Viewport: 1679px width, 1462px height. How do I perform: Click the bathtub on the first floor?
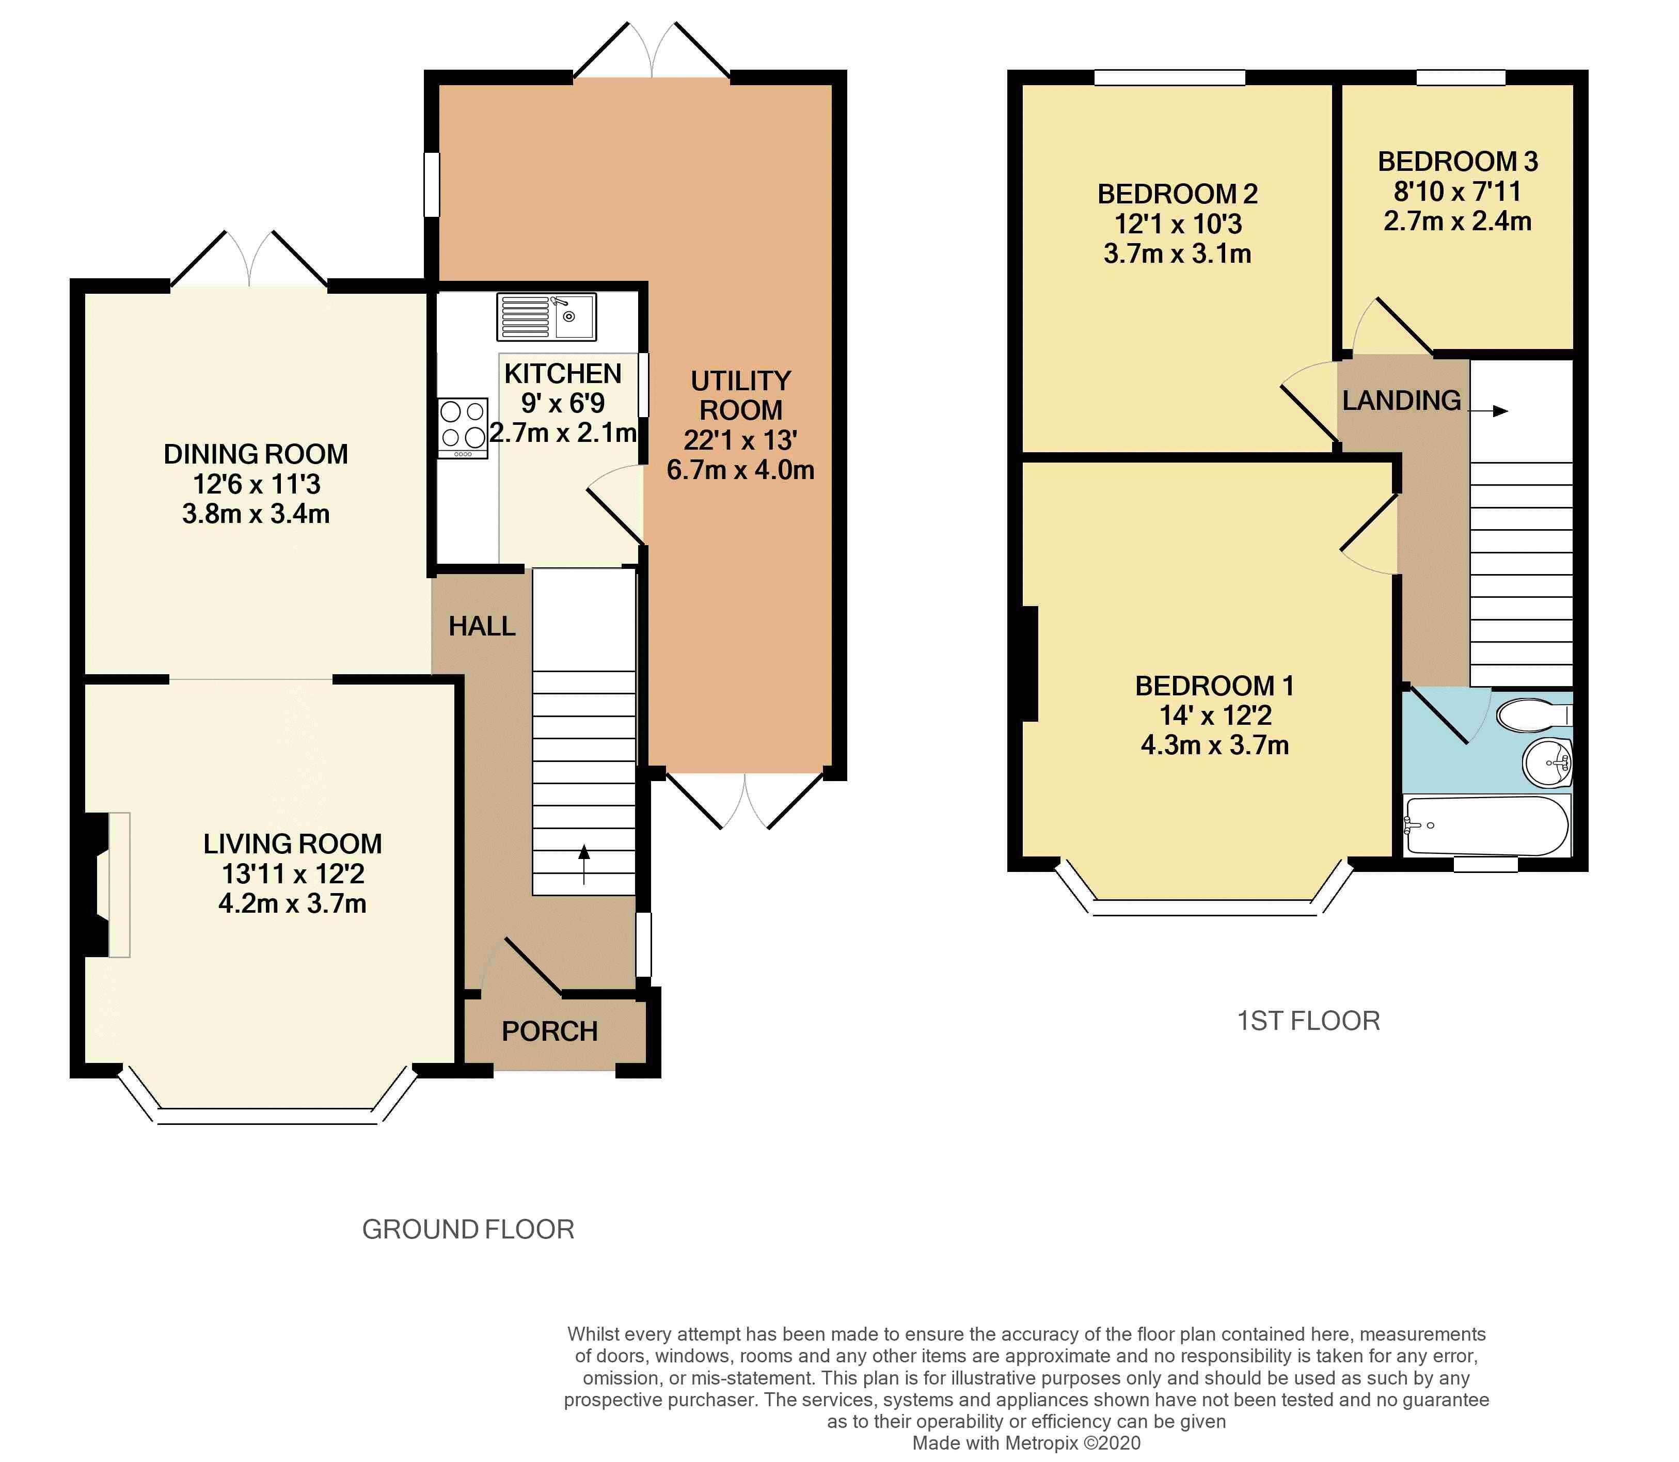pos(1486,825)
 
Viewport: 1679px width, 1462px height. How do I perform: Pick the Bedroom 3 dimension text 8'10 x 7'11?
pos(1457,192)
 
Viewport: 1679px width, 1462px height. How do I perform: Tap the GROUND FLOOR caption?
pos(468,1230)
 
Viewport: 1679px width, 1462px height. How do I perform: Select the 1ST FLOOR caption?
pos(1309,1021)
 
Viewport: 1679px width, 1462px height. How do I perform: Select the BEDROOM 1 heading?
pos(1215,686)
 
